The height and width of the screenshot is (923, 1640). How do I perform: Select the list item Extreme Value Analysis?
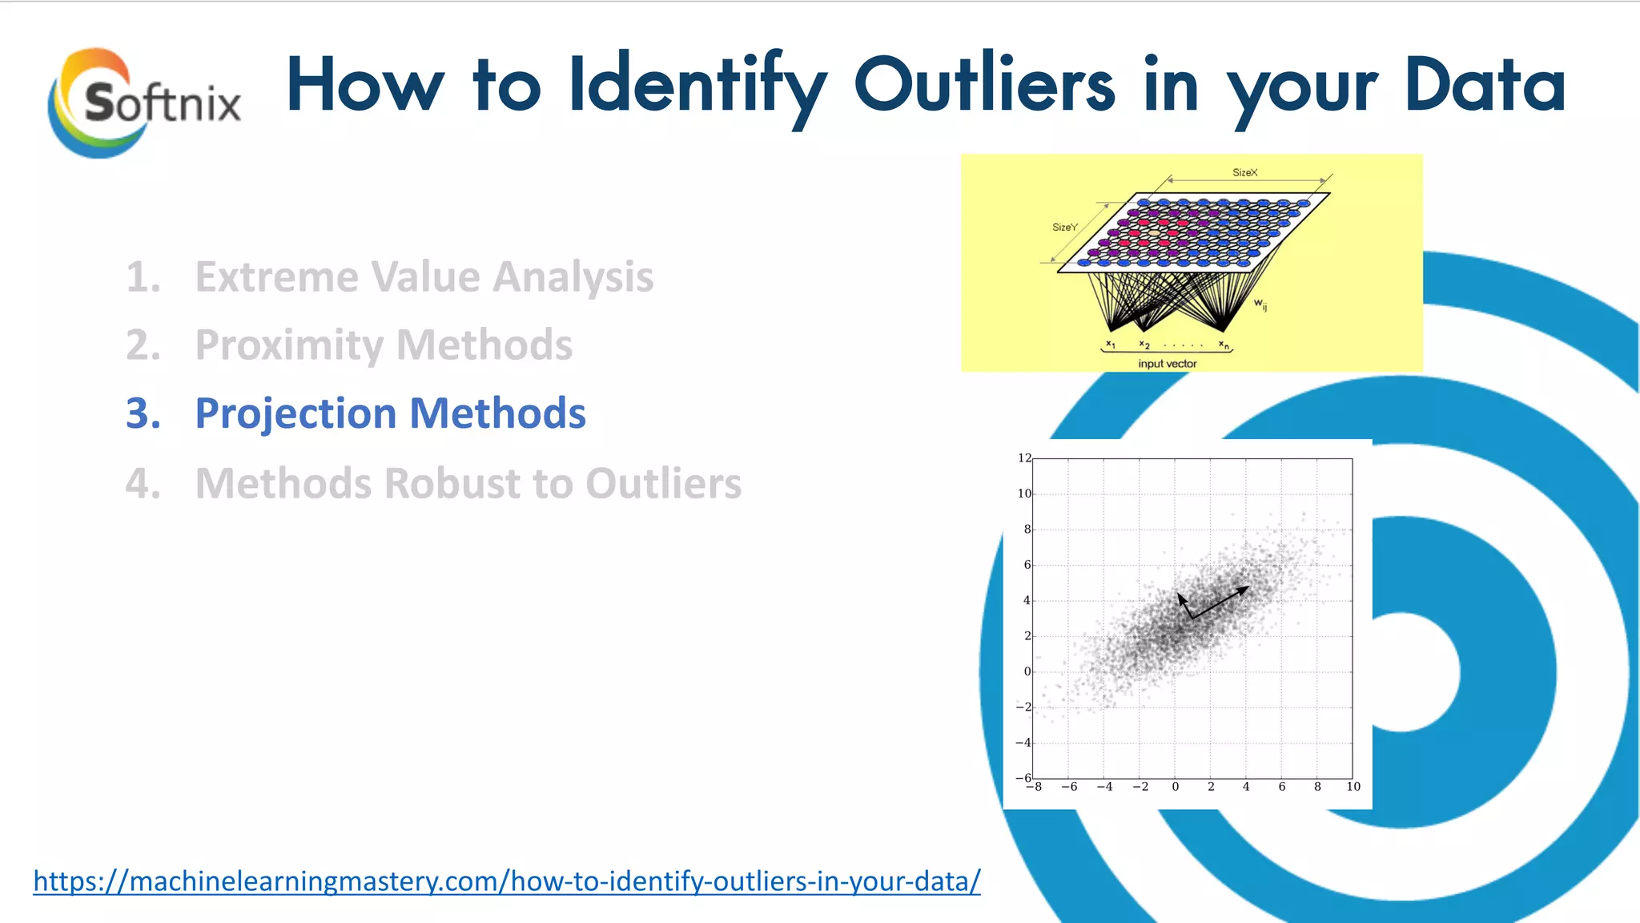click(424, 277)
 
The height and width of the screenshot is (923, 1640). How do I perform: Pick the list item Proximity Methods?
click(384, 345)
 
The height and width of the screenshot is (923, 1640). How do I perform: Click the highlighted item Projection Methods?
click(390, 413)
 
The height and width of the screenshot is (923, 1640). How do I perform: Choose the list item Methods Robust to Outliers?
click(468, 484)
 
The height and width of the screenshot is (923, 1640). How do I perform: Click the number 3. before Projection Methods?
click(143, 413)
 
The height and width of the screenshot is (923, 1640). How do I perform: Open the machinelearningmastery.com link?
click(506, 881)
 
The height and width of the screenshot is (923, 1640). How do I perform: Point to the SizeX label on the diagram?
click(1244, 172)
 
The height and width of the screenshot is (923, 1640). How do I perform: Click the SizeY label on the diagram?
click(1064, 228)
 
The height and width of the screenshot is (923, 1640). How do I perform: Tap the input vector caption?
click(1167, 364)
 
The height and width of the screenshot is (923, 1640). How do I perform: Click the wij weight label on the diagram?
click(1260, 304)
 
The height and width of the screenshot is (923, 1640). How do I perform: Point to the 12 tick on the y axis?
click(1023, 458)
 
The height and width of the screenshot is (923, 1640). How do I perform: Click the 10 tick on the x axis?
click(1353, 787)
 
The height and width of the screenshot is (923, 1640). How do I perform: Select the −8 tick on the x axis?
click(1035, 787)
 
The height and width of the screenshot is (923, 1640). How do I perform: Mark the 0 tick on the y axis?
click(1027, 671)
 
